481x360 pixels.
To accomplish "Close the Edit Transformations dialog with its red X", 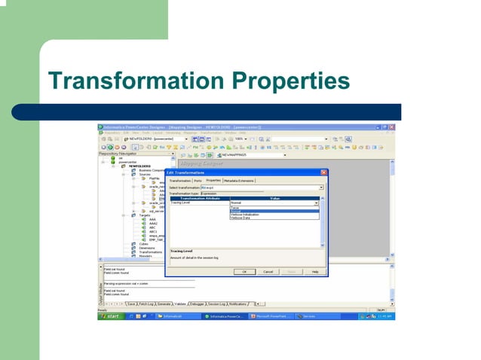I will click(323, 172).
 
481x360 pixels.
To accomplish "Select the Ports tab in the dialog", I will click(198, 181).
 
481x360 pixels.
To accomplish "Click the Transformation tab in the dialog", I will click(179, 181).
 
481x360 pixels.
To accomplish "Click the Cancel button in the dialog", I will click(268, 271).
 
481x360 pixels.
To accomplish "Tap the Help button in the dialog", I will click(314, 271).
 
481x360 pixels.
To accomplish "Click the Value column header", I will click(274, 198).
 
